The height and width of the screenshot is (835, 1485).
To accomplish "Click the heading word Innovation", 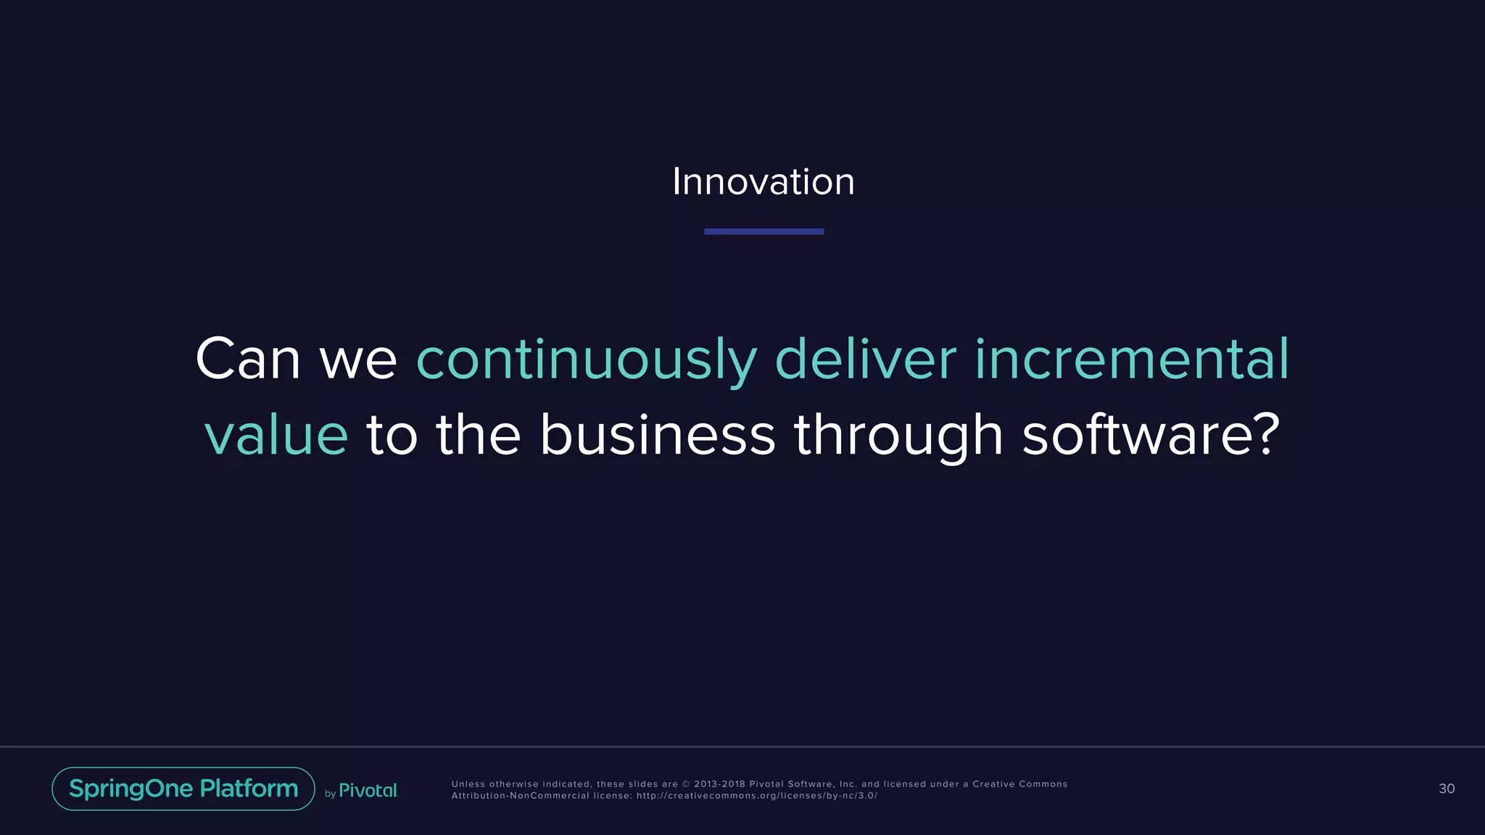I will click(x=763, y=181).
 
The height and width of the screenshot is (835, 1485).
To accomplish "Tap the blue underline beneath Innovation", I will click(x=764, y=231).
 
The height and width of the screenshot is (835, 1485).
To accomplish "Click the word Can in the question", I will click(x=248, y=360).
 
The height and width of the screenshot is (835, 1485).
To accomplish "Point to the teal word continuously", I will click(x=586, y=360).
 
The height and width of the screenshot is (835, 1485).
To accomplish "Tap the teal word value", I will click(x=276, y=436).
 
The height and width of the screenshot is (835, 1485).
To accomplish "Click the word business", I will click(x=657, y=435).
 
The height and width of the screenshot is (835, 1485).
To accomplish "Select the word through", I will click(x=898, y=435).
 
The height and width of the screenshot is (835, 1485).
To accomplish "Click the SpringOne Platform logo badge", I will click(x=183, y=789).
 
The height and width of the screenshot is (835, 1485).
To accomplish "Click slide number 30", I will click(x=1446, y=789).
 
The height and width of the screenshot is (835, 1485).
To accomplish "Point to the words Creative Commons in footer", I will click(x=1019, y=784).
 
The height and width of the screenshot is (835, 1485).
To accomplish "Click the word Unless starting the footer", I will click(x=468, y=784).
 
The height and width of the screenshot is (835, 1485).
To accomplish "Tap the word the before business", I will click(x=478, y=435).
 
